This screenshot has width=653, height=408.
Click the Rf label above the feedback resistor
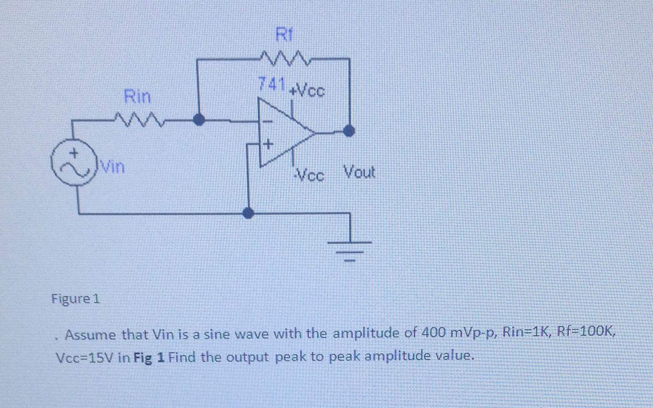(x=284, y=35)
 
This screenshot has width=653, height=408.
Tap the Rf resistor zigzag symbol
(x=285, y=59)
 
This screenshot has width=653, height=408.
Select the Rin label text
(x=137, y=96)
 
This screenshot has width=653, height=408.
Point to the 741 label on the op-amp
(x=272, y=84)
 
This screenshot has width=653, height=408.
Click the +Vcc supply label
(x=307, y=91)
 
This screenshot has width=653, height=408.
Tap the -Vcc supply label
(x=309, y=175)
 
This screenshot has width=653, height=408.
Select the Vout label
(x=359, y=172)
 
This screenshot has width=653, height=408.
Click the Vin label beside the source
(x=112, y=167)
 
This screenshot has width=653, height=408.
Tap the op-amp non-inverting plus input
(x=268, y=144)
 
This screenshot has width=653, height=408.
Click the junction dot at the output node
(x=349, y=131)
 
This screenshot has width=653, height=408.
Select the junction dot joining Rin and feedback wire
(x=198, y=120)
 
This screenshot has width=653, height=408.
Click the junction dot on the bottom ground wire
(x=248, y=213)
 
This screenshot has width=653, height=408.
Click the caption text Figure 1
(x=75, y=298)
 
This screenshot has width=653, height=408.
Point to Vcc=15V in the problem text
(x=85, y=358)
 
